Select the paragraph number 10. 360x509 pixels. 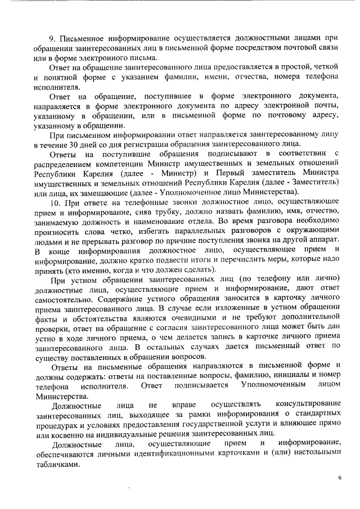(55, 201)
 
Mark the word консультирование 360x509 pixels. (308, 405)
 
